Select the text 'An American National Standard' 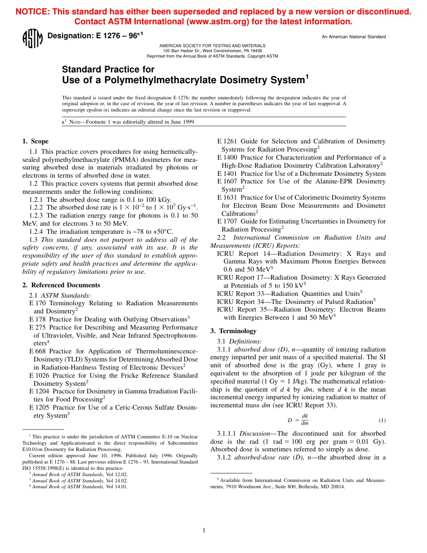353,37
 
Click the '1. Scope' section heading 36,141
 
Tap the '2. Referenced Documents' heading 61,285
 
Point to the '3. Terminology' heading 233,331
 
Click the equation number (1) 382,420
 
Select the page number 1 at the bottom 204,531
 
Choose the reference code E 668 38,351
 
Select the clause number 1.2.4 37,232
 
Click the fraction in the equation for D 304,420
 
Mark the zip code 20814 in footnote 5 338,486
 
